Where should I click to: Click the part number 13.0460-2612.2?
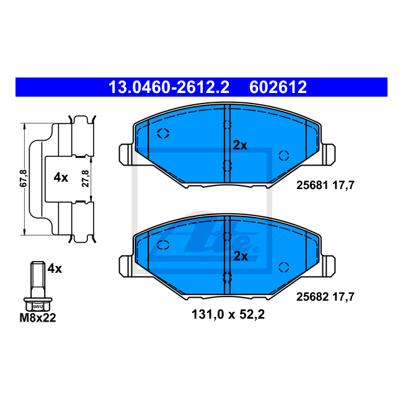169,87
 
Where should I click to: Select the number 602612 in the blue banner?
278,87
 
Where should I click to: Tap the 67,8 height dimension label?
24,179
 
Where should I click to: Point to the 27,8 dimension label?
86,179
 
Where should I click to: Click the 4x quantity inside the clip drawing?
61,177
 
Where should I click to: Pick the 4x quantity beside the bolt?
55,268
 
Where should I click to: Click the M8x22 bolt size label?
38,317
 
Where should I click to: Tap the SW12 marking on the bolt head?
38,307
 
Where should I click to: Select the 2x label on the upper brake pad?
240,146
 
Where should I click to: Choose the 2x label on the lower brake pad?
241,256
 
